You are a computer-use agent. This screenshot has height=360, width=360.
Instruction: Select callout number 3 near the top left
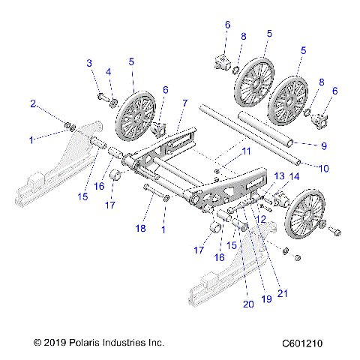click(x=88, y=62)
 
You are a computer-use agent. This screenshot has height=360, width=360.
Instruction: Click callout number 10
click(x=324, y=169)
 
